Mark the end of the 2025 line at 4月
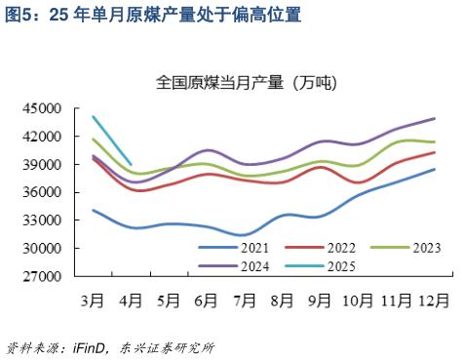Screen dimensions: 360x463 pos(132,164)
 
